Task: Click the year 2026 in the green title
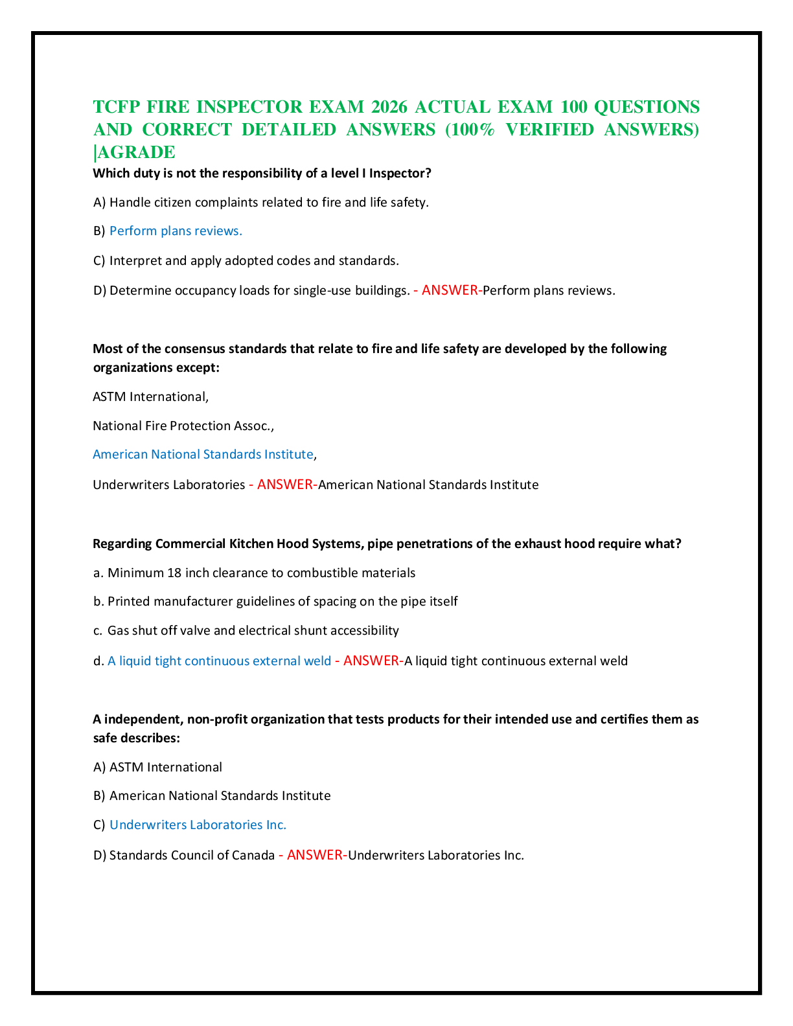389,107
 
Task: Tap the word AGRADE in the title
136,152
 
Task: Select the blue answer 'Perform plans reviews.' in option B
176,231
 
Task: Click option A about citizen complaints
260,202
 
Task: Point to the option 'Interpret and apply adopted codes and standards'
246,260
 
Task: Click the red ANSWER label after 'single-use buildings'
450,290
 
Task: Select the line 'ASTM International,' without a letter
151,396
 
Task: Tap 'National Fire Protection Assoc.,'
183,426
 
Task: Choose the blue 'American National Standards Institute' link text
203,454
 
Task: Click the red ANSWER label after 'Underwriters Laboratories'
285,484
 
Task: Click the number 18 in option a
174,573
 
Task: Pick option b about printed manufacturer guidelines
275,602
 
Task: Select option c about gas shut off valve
246,631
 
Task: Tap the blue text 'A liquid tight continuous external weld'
219,661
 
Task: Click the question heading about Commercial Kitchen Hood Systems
387,544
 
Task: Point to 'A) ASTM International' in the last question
157,768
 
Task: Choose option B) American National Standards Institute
212,795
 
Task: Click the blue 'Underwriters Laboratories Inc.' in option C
198,825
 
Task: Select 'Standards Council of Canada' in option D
192,855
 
